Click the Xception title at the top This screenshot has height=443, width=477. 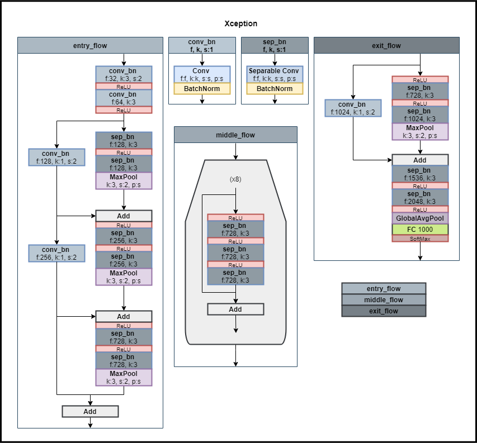pos(240,23)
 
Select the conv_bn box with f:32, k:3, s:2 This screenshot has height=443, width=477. pos(124,74)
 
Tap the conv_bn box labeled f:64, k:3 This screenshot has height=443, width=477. pos(124,98)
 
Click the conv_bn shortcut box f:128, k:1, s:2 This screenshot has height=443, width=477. pos(56,158)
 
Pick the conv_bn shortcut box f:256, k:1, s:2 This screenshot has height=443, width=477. pos(56,253)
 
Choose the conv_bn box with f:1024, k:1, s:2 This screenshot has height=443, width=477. pos(353,108)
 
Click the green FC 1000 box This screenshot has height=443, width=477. pos(420,229)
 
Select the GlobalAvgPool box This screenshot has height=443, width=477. pos(420,218)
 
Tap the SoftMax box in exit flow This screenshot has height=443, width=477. pos(420,239)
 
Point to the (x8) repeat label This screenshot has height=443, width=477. pos(235,179)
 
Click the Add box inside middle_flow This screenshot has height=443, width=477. pos(235,309)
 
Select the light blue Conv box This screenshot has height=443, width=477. pos(202,74)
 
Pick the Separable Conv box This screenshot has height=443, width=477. pos(275,74)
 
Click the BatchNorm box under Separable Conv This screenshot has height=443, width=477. pos(275,89)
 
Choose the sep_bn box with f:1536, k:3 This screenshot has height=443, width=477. pos(420,174)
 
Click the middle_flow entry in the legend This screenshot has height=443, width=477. pos(384,299)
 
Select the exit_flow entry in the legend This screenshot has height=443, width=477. pos(384,311)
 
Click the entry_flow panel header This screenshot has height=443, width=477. pos(90,45)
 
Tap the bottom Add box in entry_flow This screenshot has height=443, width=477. pos(90,411)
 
